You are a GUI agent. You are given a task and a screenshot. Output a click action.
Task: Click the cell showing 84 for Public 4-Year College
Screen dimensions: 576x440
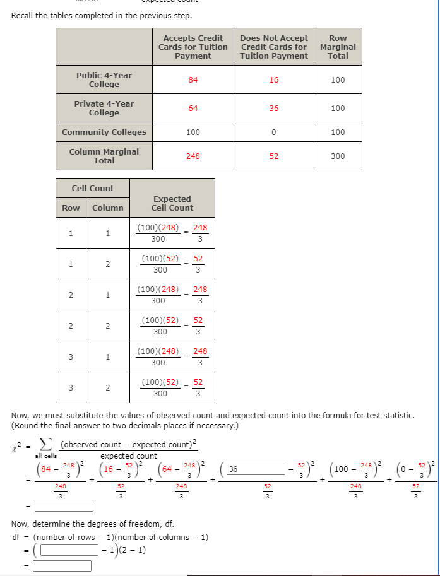(x=193, y=80)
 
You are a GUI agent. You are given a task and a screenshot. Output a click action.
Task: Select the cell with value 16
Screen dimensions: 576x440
(x=273, y=80)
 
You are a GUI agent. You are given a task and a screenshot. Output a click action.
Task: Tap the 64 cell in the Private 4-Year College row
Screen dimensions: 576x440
(x=193, y=109)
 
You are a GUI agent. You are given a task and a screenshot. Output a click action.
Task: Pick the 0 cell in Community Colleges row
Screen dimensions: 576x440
(x=273, y=132)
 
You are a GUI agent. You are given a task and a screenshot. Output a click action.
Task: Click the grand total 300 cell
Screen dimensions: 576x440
(x=338, y=156)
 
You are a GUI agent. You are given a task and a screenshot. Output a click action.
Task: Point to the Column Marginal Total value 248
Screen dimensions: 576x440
(x=193, y=156)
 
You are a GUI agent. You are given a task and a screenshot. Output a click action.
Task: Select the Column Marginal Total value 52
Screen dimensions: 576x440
(x=273, y=156)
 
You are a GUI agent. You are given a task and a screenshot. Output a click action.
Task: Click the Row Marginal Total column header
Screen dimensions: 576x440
(x=338, y=47)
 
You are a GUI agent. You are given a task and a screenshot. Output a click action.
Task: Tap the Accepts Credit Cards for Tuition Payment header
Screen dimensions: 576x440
(x=193, y=47)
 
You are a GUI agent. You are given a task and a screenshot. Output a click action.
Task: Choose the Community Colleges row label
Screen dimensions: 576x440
(x=104, y=132)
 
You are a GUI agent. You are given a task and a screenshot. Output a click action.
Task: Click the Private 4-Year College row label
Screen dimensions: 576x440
(x=104, y=109)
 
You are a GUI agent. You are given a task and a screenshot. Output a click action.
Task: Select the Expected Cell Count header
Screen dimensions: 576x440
(x=172, y=203)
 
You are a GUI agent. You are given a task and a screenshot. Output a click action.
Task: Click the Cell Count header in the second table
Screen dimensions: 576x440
(x=93, y=188)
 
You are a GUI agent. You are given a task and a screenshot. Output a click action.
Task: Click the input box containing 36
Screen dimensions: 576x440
(x=256, y=469)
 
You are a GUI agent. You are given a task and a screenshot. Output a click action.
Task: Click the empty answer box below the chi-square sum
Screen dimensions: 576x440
(x=64, y=505)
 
